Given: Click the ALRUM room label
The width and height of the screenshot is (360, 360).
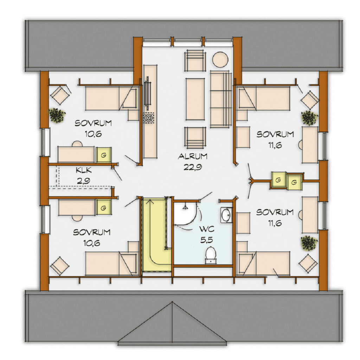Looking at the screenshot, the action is click(x=193, y=156).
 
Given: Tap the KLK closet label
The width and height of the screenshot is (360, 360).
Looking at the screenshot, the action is click(x=84, y=171).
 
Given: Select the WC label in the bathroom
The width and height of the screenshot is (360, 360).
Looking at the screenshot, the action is click(x=207, y=229).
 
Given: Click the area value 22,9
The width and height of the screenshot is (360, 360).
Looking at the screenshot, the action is click(x=193, y=167).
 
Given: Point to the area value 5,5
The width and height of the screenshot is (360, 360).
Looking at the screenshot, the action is click(x=207, y=240).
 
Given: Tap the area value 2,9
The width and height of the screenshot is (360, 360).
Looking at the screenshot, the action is click(x=84, y=181).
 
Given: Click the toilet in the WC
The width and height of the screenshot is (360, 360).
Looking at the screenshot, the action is click(x=211, y=255).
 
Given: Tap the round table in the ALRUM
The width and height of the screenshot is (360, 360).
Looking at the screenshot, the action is click(x=220, y=59).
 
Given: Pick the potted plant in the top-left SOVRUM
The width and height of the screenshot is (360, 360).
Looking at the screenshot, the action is click(x=57, y=115).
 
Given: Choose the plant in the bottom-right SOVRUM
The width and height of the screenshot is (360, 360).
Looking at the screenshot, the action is click(x=309, y=243).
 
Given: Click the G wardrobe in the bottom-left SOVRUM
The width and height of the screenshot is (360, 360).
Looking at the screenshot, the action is click(x=104, y=208).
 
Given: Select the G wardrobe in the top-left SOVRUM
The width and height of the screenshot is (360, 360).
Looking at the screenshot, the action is click(x=104, y=155).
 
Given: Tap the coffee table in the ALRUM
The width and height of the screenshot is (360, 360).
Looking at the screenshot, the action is click(x=195, y=99).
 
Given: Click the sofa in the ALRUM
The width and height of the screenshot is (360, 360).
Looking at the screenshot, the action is click(x=221, y=99).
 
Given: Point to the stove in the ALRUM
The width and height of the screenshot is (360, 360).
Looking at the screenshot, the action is click(x=149, y=117).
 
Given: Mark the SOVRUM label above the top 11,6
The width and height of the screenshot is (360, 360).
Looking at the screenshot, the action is click(x=275, y=134).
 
